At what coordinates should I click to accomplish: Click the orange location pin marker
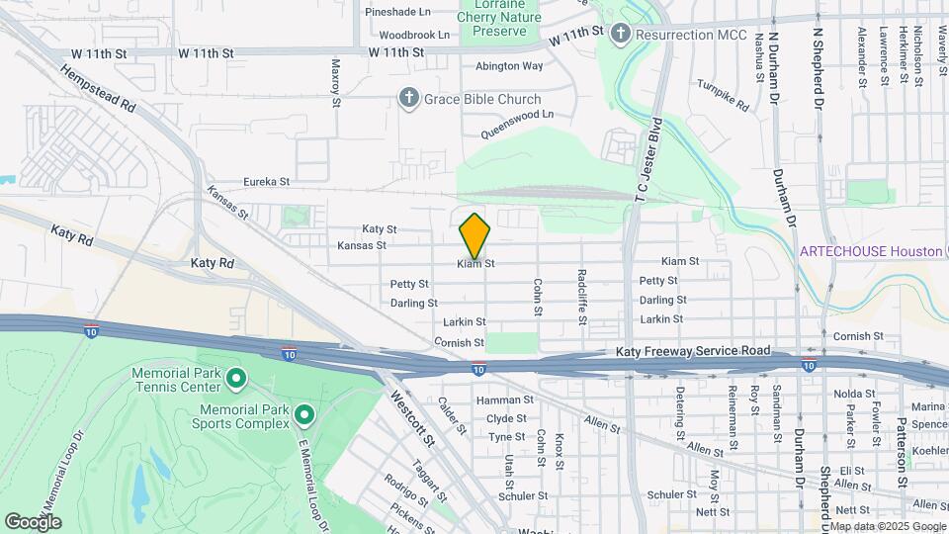(474, 235)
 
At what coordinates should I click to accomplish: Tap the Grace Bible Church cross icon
(408, 98)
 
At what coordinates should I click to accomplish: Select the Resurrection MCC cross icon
(621, 35)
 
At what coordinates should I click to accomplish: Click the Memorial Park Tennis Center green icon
(236, 378)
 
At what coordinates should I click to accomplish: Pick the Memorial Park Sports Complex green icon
(304, 415)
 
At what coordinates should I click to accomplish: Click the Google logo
(33, 522)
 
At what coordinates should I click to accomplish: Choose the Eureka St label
(266, 182)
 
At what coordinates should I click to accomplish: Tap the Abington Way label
(509, 66)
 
